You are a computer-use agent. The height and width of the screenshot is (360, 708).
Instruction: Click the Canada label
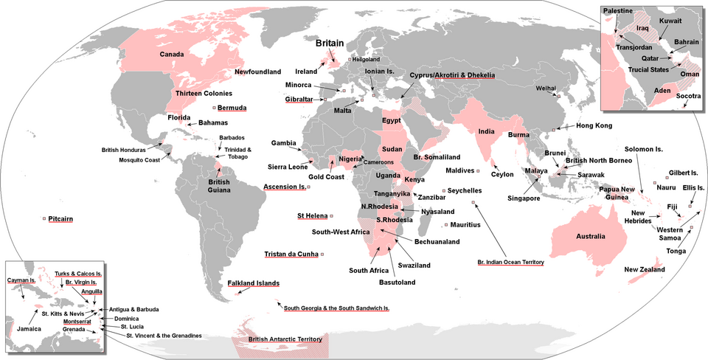click(x=172, y=54)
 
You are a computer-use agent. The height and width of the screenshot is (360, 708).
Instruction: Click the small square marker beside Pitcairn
click(x=44, y=218)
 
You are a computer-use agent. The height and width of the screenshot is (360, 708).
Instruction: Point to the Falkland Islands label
click(x=254, y=283)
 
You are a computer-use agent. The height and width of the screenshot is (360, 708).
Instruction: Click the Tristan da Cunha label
click(x=291, y=255)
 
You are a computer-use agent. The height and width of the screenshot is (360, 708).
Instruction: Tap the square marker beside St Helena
click(x=331, y=216)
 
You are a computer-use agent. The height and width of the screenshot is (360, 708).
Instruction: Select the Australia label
click(x=591, y=237)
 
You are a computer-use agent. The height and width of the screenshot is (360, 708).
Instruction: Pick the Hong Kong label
click(x=594, y=126)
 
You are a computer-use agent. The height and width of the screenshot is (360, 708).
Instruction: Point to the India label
click(x=486, y=131)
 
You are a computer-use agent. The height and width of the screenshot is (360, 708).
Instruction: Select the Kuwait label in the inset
click(x=670, y=21)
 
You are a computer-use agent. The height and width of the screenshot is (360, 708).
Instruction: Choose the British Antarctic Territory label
click(x=285, y=339)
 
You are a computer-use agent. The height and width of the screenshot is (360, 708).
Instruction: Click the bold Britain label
click(x=333, y=44)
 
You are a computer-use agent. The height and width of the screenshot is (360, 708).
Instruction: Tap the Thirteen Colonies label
click(x=204, y=94)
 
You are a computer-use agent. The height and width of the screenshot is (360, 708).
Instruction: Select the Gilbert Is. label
click(x=682, y=173)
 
